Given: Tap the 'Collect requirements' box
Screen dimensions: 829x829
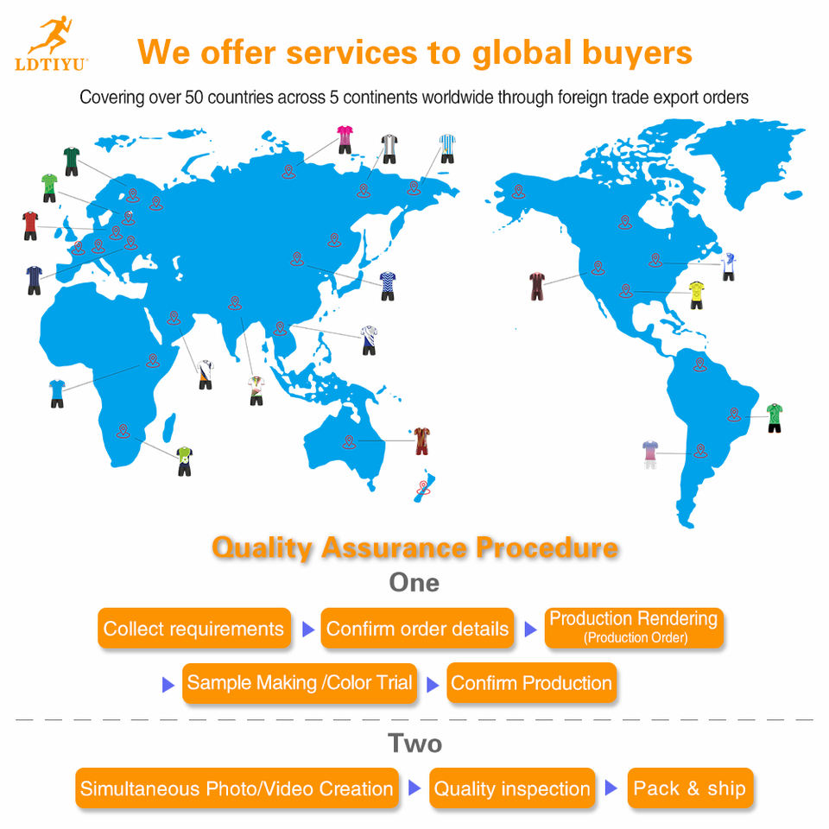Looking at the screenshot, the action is (x=194, y=628).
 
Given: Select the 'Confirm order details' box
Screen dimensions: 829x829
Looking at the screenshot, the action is (x=417, y=628).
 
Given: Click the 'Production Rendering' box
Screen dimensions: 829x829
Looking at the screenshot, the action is (x=634, y=628).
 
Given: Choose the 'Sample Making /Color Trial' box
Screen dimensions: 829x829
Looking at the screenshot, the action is (x=300, y=683).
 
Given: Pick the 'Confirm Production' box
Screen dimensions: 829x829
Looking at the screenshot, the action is (x=531, y=683).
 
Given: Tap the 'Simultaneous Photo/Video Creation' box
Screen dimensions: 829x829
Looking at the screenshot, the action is (x=237, y=788).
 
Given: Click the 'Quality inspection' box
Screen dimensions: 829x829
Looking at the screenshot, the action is (x=512, y=788).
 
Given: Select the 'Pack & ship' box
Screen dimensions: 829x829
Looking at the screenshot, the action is (x=690, y=788).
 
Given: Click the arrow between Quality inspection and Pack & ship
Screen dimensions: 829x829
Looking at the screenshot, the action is (x=611, y=788).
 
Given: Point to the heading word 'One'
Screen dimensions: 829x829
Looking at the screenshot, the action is (x=414, y=583).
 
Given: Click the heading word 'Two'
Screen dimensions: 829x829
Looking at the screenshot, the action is (x=414, y=744).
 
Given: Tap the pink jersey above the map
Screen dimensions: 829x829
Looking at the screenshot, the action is (x=345, y=140).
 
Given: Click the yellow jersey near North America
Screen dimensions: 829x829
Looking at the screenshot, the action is (x=696, y=295).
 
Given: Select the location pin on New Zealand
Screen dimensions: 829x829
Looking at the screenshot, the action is (x=423, y=487).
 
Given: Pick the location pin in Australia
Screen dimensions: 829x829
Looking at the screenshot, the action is (x=349, y=442).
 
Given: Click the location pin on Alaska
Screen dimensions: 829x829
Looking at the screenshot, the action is (x=519, y=192).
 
